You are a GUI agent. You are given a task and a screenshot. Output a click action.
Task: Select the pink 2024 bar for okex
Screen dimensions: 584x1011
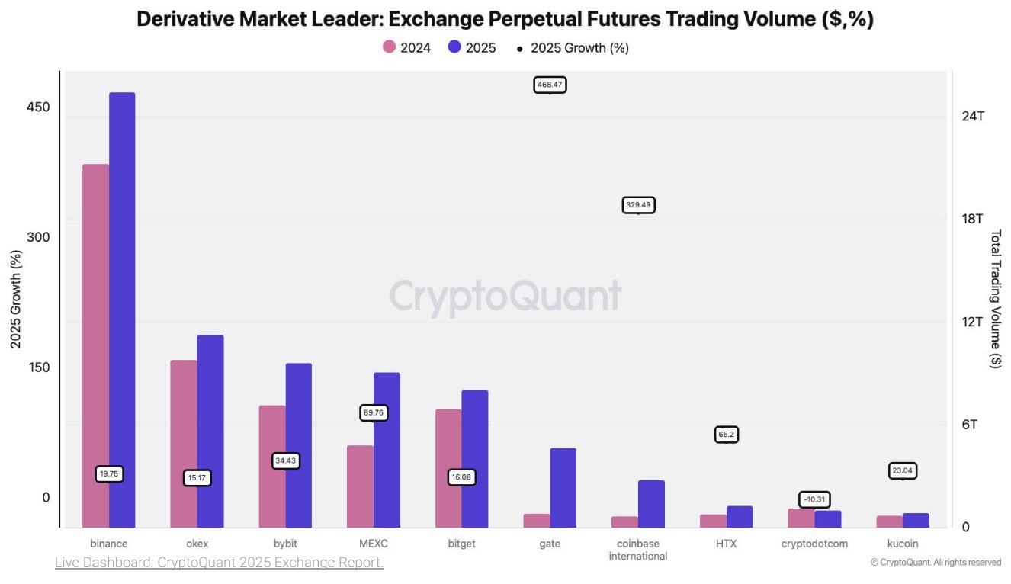tap(184, 443)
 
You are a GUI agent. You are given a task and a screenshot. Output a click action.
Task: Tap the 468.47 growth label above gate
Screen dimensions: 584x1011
tap(550, 85)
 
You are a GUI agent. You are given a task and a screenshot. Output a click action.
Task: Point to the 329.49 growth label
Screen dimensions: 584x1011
tap(639, 205)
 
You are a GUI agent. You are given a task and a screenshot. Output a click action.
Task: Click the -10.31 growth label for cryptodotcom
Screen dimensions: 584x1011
tap(814, 499)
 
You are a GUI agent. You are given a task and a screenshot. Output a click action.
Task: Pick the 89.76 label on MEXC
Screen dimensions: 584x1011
tap(374, 412)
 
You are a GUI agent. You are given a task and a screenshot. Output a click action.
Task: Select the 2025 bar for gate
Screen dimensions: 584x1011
tap(563, 487)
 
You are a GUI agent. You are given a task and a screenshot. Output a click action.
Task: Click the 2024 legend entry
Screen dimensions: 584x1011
tap(406, 47)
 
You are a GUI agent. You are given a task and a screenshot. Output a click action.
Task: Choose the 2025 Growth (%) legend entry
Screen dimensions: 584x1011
tap(573, 47)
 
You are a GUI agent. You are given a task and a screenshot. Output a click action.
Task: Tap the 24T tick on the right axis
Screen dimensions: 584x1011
tap(973, 116)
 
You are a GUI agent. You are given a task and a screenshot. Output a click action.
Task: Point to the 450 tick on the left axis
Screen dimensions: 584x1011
tap(37, 107)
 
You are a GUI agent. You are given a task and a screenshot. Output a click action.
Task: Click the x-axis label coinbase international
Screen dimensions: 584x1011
tap(638, 550)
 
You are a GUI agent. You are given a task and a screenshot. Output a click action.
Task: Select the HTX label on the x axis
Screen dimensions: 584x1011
tap(726, 544)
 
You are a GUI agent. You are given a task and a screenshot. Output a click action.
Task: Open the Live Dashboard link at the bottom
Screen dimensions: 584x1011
tap(219, 563)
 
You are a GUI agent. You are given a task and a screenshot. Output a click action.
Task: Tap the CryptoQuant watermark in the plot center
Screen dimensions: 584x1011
tap(505, 297)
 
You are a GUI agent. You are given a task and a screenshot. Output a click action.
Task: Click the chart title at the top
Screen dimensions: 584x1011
tap(505, 20)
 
